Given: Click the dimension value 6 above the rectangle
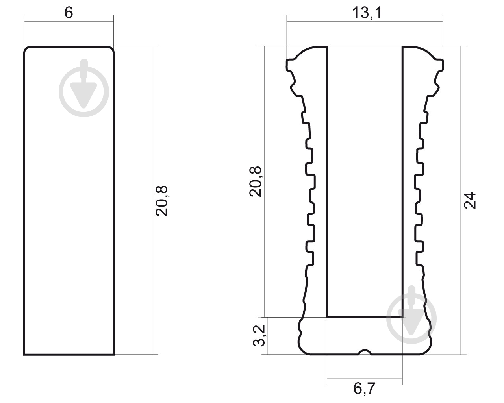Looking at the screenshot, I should click(69, 13).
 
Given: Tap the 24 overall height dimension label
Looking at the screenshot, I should click(470, 200).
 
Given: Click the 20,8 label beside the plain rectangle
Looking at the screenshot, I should click(161, 200).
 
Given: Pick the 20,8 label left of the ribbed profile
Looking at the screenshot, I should click(256, 181).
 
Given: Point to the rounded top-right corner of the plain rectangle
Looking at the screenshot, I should click(111, 50).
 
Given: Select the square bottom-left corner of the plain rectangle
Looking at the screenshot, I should click(24, 354).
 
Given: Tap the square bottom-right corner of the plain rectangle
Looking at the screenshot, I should click(113, 354).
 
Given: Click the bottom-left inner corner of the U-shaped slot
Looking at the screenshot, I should click(328, 316).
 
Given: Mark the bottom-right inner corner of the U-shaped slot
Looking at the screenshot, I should click(402, 316).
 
